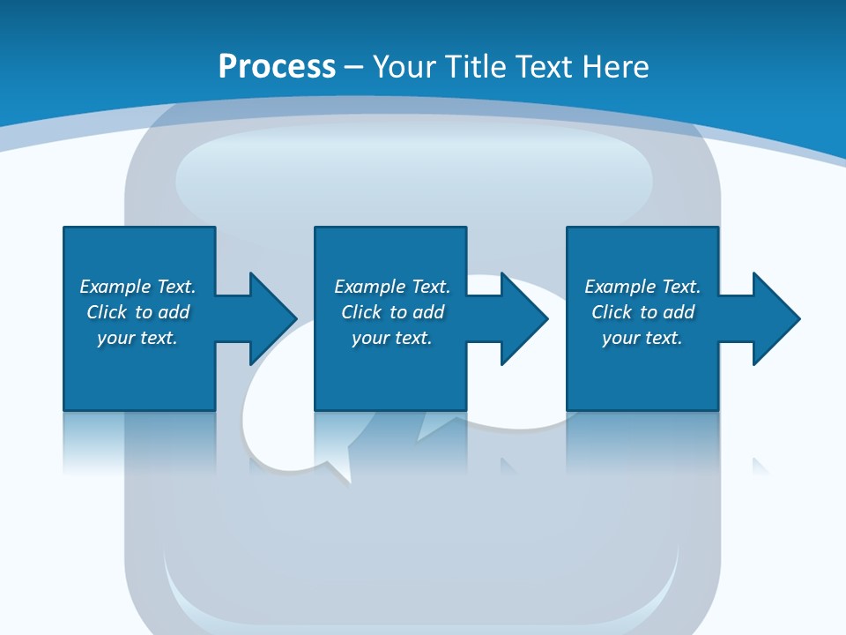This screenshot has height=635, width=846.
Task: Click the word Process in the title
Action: pyautogui.click(x=277, y=67)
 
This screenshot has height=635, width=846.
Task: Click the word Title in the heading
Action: pyautogui.click(x=475, y=66)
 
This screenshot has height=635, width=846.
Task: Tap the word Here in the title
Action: pyautogui.click(x=615, y=66)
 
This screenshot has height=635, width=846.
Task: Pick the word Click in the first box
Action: pyautogui.click(x=107, y=311)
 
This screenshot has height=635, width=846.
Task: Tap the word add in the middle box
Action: pyautogui.click(x=428, y=311)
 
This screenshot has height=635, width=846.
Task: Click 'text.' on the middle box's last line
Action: pyautogui.click(x=413, y=338)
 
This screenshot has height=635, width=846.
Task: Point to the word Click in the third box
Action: pyautogui.click(x=612, y=311)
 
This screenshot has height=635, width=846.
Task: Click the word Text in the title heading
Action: pyautogui.click(x=545, y=66)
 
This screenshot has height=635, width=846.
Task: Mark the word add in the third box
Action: pyautogui.click(x=679, y=311)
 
